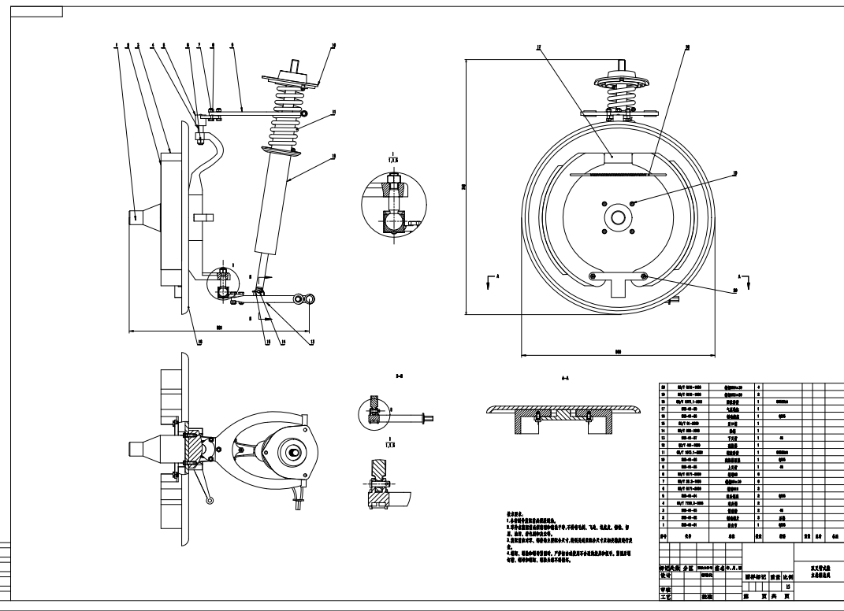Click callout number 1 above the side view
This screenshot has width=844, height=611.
114,46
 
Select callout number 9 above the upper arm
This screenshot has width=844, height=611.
232,46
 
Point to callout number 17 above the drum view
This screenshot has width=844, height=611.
538,46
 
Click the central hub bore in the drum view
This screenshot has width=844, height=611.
618,217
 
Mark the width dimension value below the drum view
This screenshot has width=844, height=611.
618,353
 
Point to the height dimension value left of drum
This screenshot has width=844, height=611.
463,186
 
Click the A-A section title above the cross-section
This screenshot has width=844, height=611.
564,379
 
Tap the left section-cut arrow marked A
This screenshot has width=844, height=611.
493,277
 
